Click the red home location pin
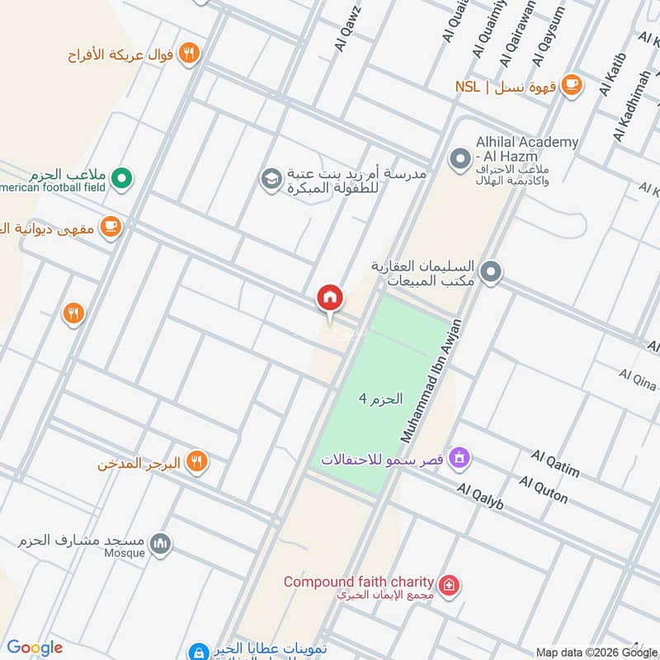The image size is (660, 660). [330, 298]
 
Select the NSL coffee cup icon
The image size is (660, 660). [570, 85]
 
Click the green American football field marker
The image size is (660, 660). [122, 177]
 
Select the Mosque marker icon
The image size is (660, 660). [161, 543]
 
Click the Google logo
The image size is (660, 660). [35, 648]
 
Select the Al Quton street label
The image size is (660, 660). [544, 489]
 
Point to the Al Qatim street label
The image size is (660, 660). [555, 464]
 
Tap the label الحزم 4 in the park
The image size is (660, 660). [380, 398]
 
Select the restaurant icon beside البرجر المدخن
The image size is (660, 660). [196, 461]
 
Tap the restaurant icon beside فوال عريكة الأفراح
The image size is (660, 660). [190, 54]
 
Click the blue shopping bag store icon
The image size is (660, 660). [197, 651]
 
